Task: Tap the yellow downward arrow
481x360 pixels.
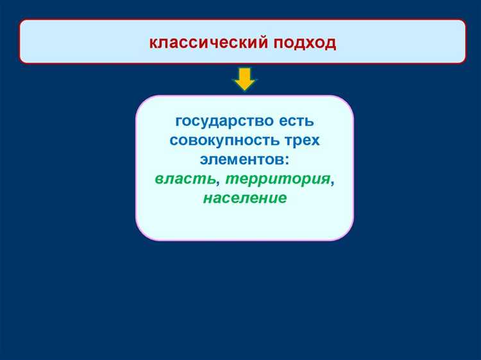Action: point(244,78)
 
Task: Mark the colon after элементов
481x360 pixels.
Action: point(286,160)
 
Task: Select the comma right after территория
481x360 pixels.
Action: point(332,182)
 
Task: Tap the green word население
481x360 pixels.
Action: point(244,198)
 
